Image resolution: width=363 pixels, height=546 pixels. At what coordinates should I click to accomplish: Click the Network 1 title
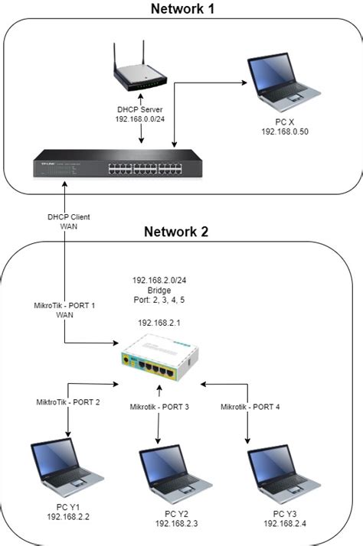click(181, 9)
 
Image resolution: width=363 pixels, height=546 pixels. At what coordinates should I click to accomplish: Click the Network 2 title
click(181, 232)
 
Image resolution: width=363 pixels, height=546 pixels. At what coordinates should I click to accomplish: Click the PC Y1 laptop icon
click(60, 467)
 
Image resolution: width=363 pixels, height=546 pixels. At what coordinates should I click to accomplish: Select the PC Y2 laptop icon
click(169, 474)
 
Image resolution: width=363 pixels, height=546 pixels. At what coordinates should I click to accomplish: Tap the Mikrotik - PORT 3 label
click(160, 407)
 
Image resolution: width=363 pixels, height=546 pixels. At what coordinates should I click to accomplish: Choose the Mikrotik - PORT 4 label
click(250, 407)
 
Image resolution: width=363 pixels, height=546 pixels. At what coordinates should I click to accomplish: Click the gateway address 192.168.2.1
click(159, 323)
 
